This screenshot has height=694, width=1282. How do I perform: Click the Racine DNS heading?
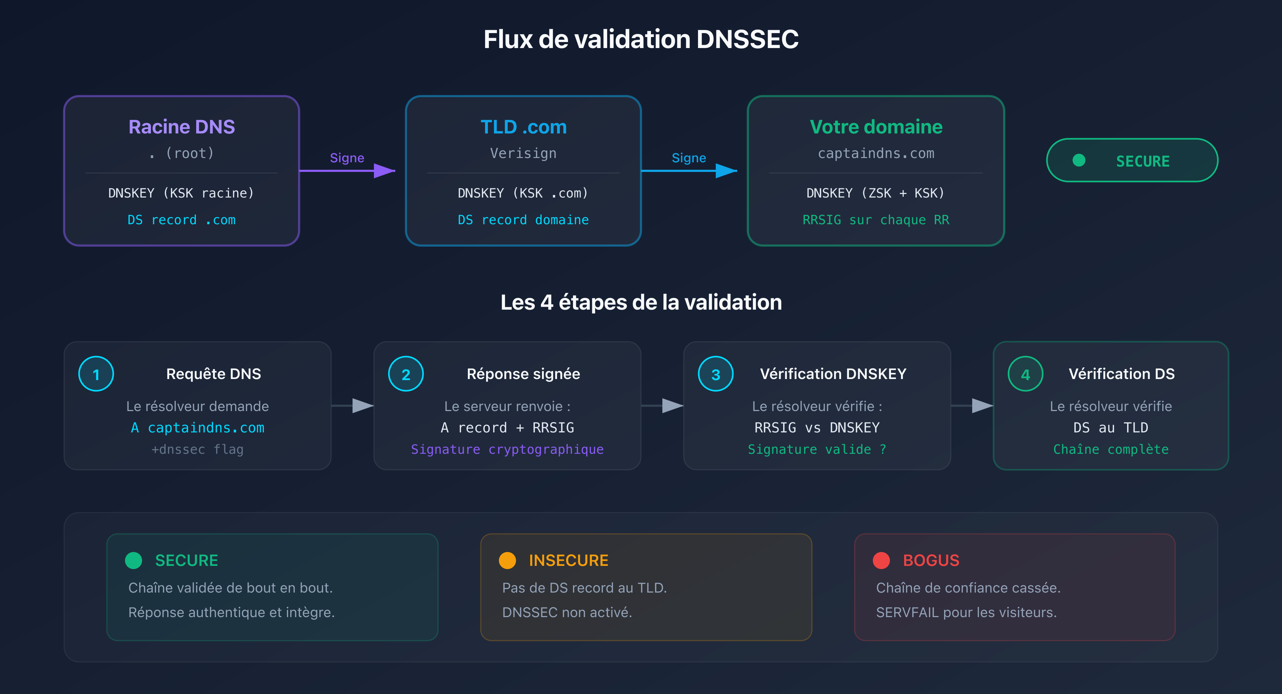(182, 127)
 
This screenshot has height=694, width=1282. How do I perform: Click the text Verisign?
(523, 153)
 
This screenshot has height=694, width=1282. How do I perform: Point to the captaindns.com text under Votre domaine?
(876, 153)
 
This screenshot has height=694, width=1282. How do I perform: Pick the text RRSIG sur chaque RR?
(876, 220)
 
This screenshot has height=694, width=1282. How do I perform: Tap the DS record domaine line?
(523, 220)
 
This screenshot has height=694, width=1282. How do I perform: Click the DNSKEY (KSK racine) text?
(181, 193)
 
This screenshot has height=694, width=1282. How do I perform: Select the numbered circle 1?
(96, 374)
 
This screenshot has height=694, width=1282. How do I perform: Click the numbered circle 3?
(716, 374)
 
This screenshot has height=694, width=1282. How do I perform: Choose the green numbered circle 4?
(1025, 374)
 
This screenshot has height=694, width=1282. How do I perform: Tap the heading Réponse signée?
(523, 374)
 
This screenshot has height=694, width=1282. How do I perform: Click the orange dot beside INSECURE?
(507, 560)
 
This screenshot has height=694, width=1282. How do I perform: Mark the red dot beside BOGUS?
(881, 560)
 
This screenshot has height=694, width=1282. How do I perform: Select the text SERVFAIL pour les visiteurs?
(966, 612)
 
